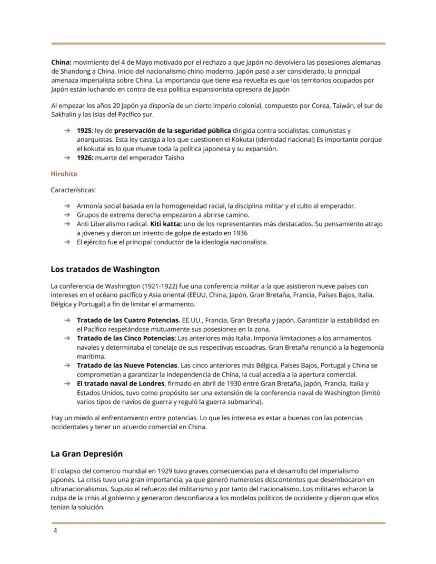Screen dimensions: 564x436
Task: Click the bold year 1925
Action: (x=84, y=130)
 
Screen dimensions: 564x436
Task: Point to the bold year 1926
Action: (x=85, y=157)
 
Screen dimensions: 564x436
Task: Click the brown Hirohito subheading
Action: (x=64, y=173)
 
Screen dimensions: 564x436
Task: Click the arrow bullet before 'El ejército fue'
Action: (x=67, y=242)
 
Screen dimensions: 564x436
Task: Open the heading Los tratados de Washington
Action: (x=105, y=269)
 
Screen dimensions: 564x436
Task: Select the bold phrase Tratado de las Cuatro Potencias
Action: (x=128, y=320)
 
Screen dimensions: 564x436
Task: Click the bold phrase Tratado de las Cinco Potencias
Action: (x=126, y=338)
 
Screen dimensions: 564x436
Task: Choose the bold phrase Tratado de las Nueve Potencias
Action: (x=127, y=365)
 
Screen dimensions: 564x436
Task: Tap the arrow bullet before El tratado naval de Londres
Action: (x=67, y=384)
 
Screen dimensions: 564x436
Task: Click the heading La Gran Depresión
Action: (x=86, y=453)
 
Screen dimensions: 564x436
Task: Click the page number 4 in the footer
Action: (x=55, y=531)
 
